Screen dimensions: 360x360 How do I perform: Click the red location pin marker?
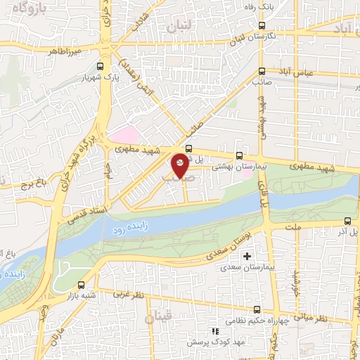click(x=180, y=165)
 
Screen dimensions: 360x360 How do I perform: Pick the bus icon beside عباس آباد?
click(x=262, y=71)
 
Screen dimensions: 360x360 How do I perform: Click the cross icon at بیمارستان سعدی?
click(x=247, y=255)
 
